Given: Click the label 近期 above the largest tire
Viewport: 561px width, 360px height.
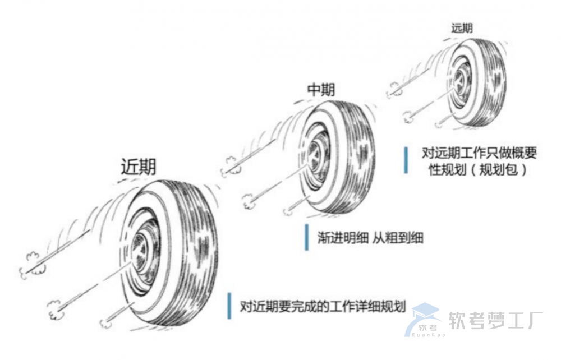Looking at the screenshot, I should pyautogui.click(x=139, y=167).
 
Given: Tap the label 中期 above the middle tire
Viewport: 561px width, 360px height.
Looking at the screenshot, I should pyautogui.click(x=324, y=90).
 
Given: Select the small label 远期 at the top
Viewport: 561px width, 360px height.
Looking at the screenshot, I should pyautogui.click(x=462, y=27).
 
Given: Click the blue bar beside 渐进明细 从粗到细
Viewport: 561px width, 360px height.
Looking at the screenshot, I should pyautogui.click(x=307, y=238).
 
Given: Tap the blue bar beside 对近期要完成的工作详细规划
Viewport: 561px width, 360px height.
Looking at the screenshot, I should pyautogui.click(x=229, y=306).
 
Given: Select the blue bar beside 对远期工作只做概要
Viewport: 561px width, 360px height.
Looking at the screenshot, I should pyautogui.click(x=406, y=160).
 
